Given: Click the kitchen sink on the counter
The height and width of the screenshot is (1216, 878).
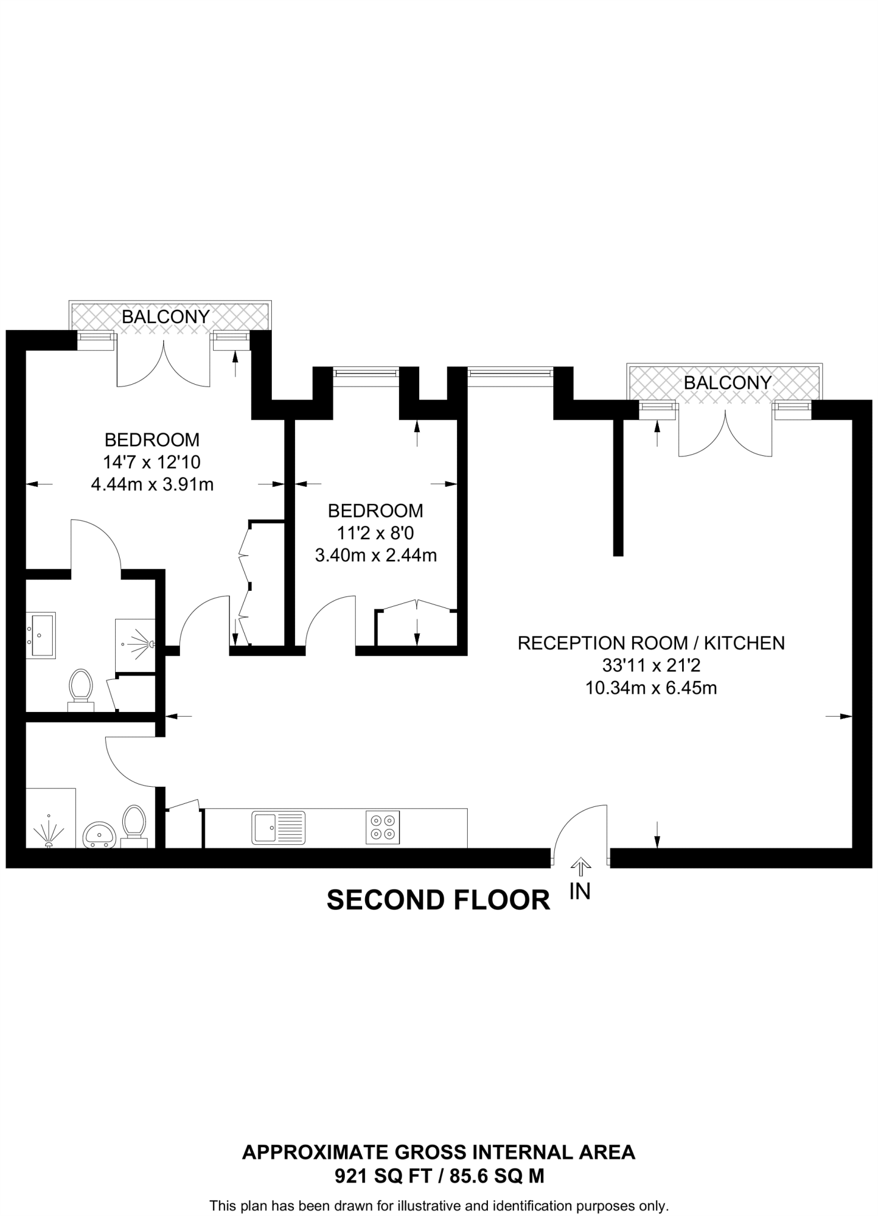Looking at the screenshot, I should click(278, 828).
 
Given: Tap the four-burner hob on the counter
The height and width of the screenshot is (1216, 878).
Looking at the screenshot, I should click(382, 828).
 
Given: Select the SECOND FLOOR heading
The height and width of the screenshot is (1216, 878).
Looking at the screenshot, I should click(438, 901).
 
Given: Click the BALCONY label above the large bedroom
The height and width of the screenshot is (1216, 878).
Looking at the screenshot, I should click(166, 317).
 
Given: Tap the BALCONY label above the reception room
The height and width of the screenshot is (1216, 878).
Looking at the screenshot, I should click(727, 383).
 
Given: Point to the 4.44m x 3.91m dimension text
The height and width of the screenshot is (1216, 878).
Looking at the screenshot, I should click(152, 485).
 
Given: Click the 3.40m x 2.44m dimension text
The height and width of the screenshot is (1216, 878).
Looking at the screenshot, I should click(376, 556).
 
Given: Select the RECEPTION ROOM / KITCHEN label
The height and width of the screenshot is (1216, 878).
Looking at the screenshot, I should click(651, 643).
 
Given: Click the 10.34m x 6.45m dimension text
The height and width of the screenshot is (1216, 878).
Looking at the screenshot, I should click(651, 688).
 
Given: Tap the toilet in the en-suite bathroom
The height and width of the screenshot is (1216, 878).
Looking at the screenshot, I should click(81, 689).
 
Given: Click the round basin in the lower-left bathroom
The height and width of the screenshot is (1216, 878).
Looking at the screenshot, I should click(99, 834).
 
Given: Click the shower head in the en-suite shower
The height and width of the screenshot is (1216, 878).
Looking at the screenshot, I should click(151, 644).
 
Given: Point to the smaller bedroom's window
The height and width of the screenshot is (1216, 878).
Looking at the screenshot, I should click(365, 373).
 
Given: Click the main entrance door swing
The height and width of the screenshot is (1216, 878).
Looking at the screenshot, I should click(579, 831).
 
